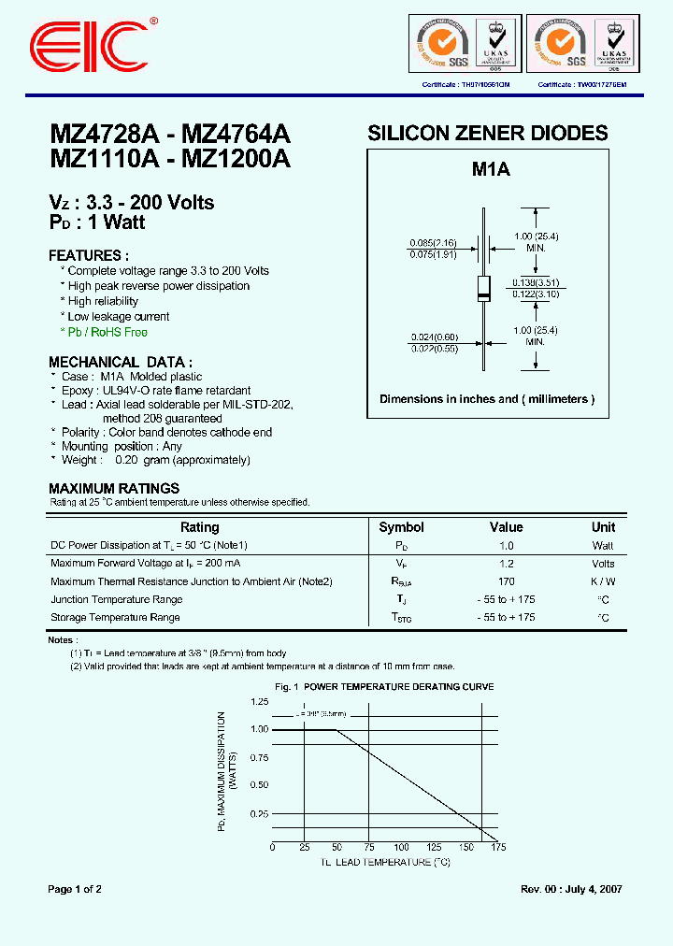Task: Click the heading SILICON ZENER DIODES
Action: coord(488,133)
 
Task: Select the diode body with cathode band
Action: coord(483,288)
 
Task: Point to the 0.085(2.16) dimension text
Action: coord(432,243)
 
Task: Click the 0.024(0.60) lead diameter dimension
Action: coord(432,338)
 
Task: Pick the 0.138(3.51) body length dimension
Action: coord(535,281)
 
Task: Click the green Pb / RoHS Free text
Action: coord(107,332)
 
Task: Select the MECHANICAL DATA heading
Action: coord(121,362)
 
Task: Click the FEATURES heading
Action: coord(88,255)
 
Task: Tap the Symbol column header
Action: coord(401,527)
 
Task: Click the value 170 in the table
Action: coord(506,581)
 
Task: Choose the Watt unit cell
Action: coord(603,545)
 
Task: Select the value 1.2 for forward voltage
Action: coord(506,564)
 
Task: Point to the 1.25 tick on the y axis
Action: coord(259,700)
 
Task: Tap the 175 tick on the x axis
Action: coord(498,847)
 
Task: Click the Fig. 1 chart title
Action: coord(384,687)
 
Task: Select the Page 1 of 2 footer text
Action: coord(75,889)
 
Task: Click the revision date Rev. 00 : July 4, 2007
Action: coord(571,889)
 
